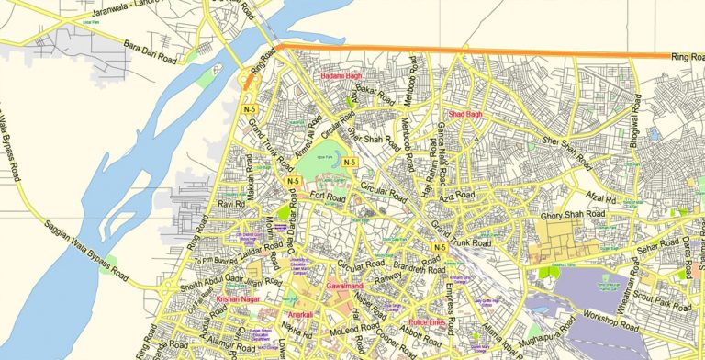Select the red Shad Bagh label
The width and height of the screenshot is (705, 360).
(x=464, y=114)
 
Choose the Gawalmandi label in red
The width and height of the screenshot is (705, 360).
(x=344, y=287)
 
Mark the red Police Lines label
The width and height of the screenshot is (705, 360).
(x=428, y=322)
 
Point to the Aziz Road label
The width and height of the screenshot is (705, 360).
(x=455, y=197)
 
